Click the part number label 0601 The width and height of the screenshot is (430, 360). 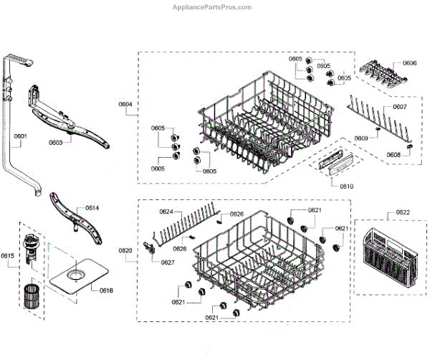click(19, 136)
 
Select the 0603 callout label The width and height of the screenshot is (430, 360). click(55, 142)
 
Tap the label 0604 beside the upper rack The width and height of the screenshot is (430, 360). click(125, 104)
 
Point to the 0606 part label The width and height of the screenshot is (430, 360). click(409, 63)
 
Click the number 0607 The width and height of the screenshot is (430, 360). click(399, 108)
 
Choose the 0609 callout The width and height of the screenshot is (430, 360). click(362, 138)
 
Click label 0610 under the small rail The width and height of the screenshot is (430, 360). click(347, 186)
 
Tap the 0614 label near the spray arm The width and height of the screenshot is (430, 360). click(92, 207)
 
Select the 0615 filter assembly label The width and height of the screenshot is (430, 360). click(8, 256)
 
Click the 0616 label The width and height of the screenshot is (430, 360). click(106, 290)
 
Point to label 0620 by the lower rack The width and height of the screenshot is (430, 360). click(125, 250)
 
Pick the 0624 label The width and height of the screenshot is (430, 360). click(166, 212)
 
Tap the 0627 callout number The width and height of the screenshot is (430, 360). click(168, 262)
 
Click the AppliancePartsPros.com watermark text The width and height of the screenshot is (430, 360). click(212, 6)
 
